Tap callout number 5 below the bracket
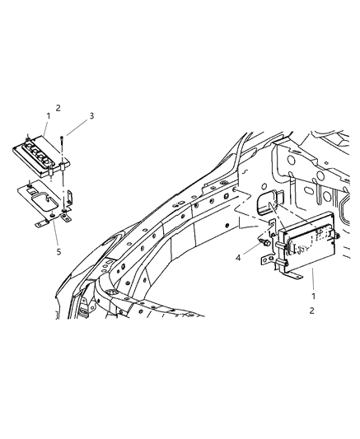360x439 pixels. point(58,252)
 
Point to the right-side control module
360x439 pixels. point(310,245)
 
